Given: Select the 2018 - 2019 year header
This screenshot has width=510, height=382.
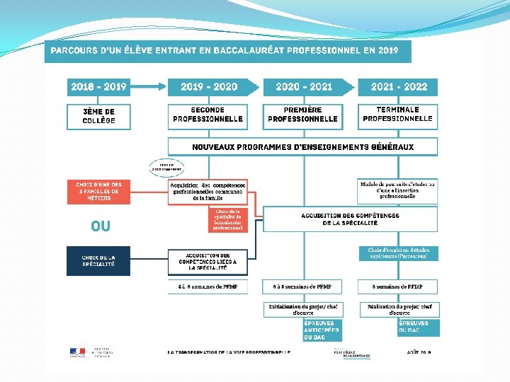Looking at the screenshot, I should (98, 87).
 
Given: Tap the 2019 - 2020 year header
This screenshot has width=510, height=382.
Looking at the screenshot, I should (208, 87).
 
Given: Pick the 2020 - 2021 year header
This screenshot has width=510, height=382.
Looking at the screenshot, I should (304, 87).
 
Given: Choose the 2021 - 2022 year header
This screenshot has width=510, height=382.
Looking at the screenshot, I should (398, 87).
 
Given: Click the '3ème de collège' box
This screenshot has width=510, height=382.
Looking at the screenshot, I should (98, 116).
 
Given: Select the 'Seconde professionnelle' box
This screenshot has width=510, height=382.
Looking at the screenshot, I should (208, 115).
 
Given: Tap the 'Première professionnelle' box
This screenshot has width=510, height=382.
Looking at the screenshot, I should (302, 115).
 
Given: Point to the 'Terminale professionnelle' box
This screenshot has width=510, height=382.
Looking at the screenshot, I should (398, 115).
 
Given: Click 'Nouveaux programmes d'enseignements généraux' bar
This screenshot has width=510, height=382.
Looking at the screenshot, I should (302, 147).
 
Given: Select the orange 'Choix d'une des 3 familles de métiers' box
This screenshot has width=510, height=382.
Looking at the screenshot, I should (99, 191).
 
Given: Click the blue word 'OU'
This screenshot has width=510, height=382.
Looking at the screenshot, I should (100, 226).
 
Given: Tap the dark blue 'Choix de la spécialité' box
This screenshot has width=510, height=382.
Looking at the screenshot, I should (98, 260).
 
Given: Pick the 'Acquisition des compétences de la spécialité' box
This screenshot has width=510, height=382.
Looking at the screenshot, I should (350, 219).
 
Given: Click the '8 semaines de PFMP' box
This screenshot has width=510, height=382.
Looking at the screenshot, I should (397, 286).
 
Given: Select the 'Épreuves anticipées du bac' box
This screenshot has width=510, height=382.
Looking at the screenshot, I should (321, 330).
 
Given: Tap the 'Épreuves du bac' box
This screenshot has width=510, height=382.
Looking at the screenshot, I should (416, 328).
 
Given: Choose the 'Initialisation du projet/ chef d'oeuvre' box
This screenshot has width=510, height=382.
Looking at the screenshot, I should (304, 309).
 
